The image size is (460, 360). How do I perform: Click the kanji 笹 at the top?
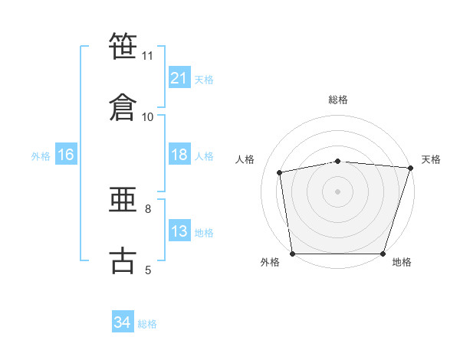pos(124,46)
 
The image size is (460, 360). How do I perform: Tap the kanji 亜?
pos(124,200)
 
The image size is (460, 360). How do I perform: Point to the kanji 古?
pos(124,260)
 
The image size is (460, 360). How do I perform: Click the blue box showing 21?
pos(179,78)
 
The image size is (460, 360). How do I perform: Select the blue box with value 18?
pos(179,155)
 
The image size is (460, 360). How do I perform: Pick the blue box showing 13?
pos(179,231)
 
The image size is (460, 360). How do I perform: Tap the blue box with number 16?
pos(65,155)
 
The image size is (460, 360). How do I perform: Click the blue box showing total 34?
pos(122,322)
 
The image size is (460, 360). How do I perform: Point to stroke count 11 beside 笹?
pos(148,55)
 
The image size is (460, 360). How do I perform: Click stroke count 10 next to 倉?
pos(148,116)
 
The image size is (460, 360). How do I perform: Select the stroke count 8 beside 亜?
pos(148,208)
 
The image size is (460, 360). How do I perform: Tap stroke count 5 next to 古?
pos(148,269)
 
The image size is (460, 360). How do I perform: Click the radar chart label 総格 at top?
pos(338,100)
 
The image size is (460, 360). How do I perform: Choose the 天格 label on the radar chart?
pos(431,159)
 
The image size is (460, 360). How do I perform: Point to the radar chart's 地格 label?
pos(402,262)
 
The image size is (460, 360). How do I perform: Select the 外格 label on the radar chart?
pos(270,262)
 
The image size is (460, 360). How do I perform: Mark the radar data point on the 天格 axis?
pos(410,168)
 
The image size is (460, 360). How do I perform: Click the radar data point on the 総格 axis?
pos(338,161)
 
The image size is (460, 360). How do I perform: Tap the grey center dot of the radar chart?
pos(338,191)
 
